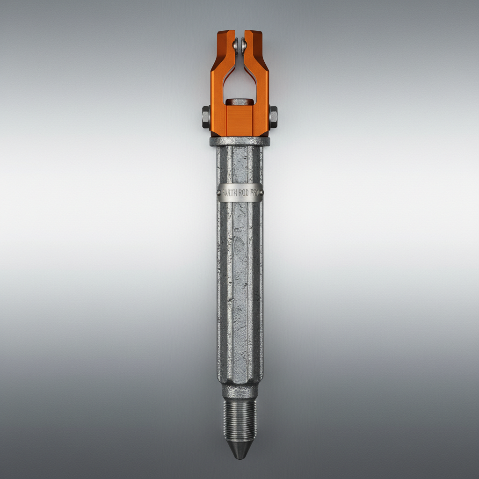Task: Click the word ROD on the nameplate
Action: click(x=243, y=193)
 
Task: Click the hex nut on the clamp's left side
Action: click(x=206, y=117)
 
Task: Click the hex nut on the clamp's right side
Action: click(x=273, y=117)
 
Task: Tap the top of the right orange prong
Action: click(x=253, y=34)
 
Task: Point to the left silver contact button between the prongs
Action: click(x=235, y=45)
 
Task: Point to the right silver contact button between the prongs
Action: click(x=244, y=45)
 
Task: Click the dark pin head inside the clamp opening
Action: click(x=239, y=102)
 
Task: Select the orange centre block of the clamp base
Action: click(x=239, y=119)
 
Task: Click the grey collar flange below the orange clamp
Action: click(x=239, y=141)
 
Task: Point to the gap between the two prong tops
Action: click(x=239, y=35)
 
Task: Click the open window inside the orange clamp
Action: click(x=239, y=84)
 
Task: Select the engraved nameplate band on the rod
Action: click(x=240, y=193)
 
